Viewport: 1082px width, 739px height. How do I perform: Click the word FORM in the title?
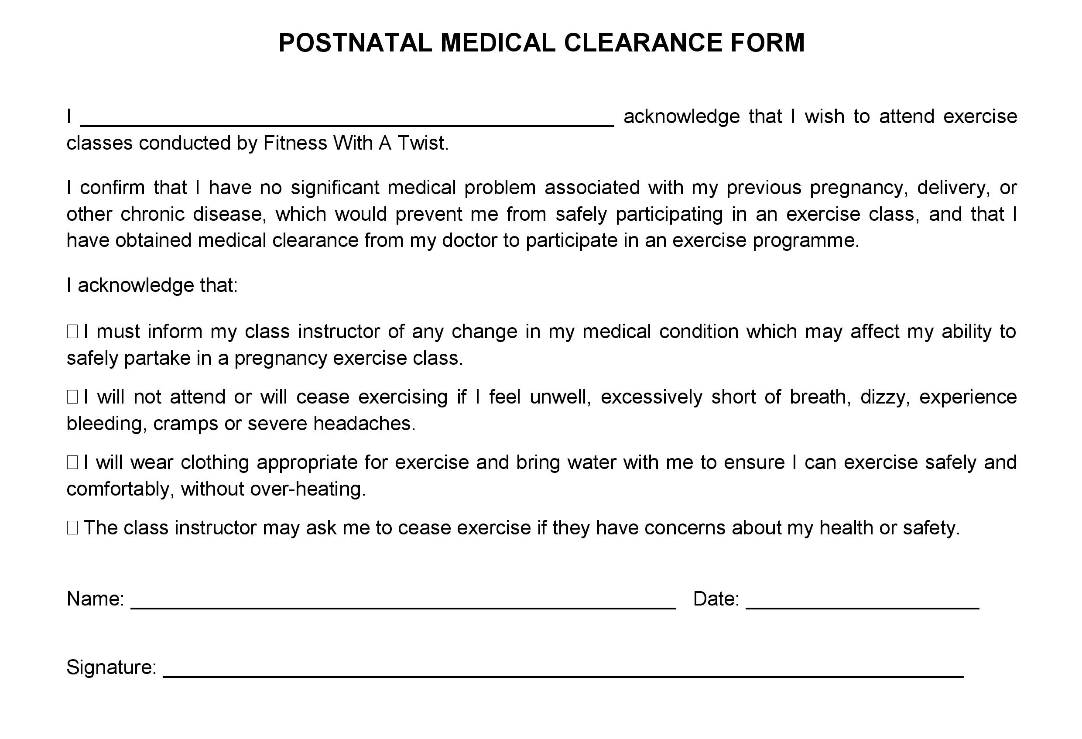tap(767, 43)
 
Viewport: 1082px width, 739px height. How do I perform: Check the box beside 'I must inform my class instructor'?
tap(72, 332)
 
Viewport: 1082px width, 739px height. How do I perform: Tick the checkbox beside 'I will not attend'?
tap(72, 397)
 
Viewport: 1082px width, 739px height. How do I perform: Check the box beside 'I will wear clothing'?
tap(72, 462)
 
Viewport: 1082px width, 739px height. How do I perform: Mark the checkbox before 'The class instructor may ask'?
tap(72, 527)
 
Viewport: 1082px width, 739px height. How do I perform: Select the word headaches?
tap(363, 423)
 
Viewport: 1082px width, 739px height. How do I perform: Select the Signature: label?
tap(111, 667)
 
